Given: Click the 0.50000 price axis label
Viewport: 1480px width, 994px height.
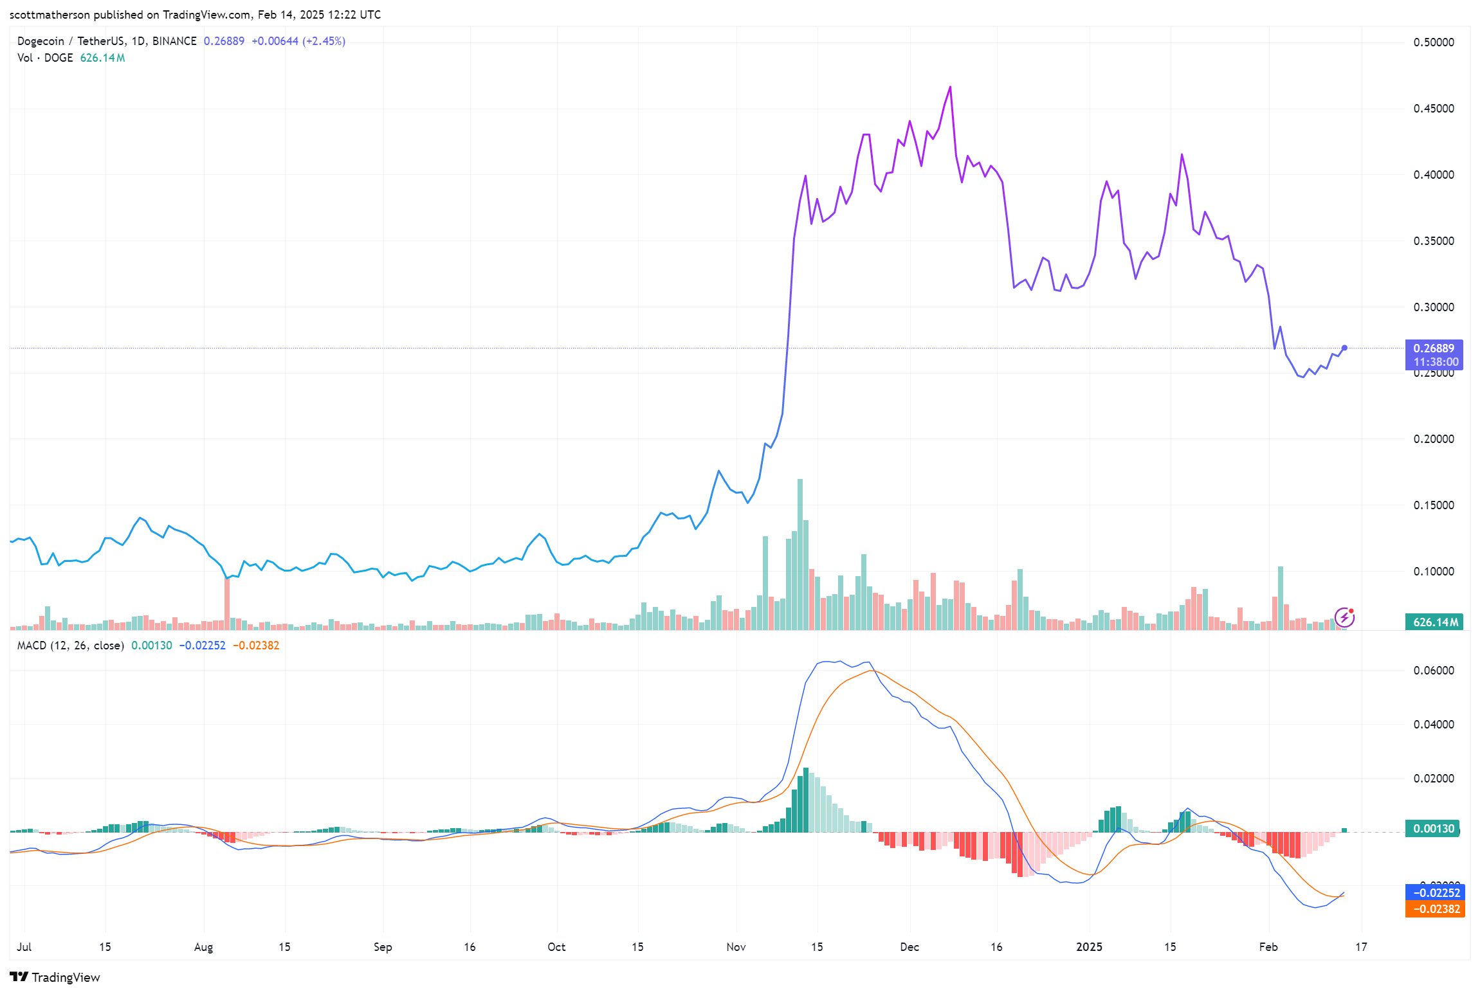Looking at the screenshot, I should click(x=1433, y=42).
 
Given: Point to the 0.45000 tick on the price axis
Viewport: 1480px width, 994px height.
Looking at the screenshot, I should click(x=1433, y=109).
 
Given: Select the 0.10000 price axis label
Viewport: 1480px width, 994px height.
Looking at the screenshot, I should click(x=1433, y=572).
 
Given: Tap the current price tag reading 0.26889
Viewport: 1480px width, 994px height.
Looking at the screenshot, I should click(x=1433, y=348).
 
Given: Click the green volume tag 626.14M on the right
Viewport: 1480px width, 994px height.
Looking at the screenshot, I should click(x=1434, y=622).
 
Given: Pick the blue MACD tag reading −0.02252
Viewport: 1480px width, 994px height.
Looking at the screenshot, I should click(x=1435, y=893).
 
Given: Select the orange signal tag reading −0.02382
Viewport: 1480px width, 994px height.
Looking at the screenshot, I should click(x=1435, y=909).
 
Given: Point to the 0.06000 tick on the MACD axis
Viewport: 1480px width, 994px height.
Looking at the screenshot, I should click(x=1433, y=671).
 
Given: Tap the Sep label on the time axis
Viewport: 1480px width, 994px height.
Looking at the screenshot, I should click(x=383, y=947).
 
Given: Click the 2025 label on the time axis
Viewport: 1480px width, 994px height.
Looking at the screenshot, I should click(x=1089, y=947).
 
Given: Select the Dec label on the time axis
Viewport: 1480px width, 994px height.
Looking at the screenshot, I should click(x=909, y=947).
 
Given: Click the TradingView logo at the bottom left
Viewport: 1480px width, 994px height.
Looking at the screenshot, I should click(x=55, y=977).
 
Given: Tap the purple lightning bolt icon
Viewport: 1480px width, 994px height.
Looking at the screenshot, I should click(x=1344, y=618).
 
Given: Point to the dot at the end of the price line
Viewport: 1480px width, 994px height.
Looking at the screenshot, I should click(x=1344, y=348).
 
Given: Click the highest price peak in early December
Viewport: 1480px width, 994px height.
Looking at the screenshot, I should click(x=950, y=87).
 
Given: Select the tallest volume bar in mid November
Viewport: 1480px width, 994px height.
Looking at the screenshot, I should click(x=800, y=553).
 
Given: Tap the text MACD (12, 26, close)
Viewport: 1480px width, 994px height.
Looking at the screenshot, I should click(x=70, y=646).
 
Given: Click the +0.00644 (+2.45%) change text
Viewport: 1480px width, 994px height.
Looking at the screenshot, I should click(x=298, y=41).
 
